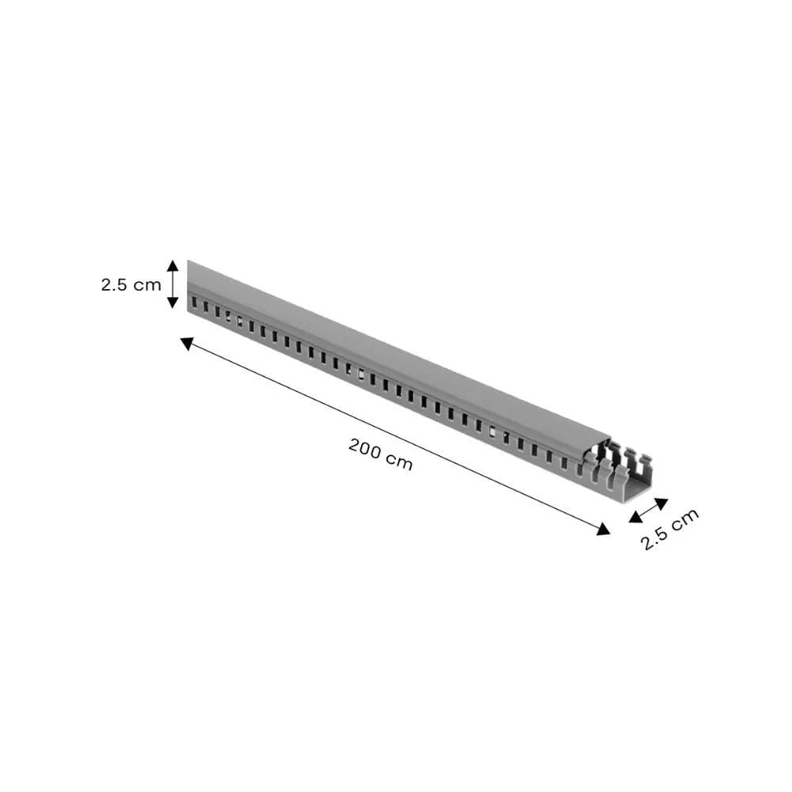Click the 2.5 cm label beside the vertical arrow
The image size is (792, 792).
(131, 284)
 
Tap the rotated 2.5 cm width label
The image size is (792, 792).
(670, 529)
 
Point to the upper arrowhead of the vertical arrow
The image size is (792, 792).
(173, 265)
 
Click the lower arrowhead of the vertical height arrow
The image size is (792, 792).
(173, 303)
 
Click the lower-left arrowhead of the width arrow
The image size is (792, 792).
(635, 517)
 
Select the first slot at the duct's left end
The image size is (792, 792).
(192, 302)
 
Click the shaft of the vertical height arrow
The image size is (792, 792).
(173, 284)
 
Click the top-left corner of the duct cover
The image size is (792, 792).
(188, 261)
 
